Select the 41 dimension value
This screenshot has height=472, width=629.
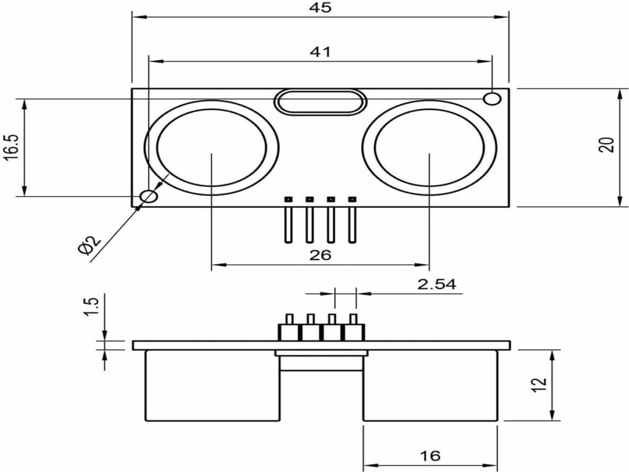pos(320,52)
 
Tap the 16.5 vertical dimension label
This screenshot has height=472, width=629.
pos(11,147)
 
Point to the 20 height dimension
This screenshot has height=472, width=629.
pos(606,146)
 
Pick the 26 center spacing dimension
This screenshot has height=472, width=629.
pos(320,255)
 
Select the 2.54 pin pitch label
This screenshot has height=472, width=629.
pos(436,284)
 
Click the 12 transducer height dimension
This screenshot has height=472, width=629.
pos(538,385)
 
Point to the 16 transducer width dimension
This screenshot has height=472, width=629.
pos(430,456)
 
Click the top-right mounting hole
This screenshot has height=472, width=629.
pos(491,98)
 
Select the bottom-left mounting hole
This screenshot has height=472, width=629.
pos(149,197)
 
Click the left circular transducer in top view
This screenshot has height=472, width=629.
pos(212,148)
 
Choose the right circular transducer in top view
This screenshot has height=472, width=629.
pos(429,148)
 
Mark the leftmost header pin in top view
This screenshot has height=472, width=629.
pos(287,221)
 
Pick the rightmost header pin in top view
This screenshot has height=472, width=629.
pos(352,221)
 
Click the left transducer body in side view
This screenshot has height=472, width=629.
pos(212,385)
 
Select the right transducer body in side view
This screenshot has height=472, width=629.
pos(430,385)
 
